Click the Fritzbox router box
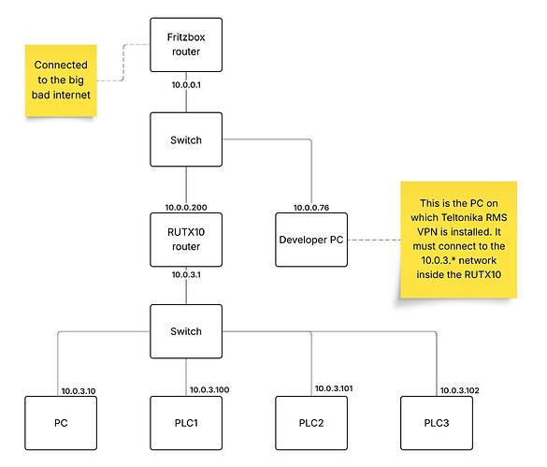click(x=186, y=44)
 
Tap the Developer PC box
click(x=310, y=239)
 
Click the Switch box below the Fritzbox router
click(x=186, y=140)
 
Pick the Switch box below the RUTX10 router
click(x=186, y=331)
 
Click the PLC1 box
click(x=186, y=424)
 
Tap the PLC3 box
click(x=436, y=424)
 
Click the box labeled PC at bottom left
click(x=61, y=424)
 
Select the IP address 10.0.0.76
click(x=309, y=207)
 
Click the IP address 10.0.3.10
click(x=79, y=390)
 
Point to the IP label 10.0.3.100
click(x=209, y=389)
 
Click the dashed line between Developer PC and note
click(x=369, y=240)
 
